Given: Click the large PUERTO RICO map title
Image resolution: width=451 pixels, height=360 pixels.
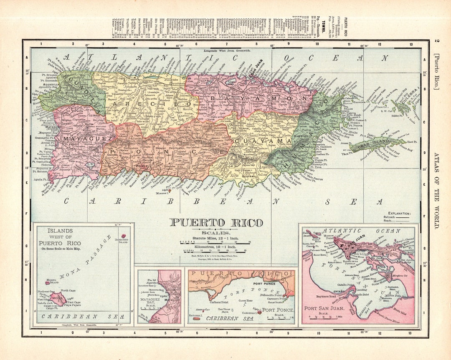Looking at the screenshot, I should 216,223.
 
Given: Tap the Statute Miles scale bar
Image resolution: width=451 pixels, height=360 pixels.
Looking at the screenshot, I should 215,242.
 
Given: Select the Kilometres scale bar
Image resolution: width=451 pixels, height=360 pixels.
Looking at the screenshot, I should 215,250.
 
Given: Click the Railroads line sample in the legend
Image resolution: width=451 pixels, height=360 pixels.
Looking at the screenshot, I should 402,217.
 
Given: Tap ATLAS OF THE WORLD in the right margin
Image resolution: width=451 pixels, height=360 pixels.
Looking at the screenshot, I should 436,190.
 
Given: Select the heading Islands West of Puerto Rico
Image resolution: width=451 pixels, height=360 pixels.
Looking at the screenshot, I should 61,237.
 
